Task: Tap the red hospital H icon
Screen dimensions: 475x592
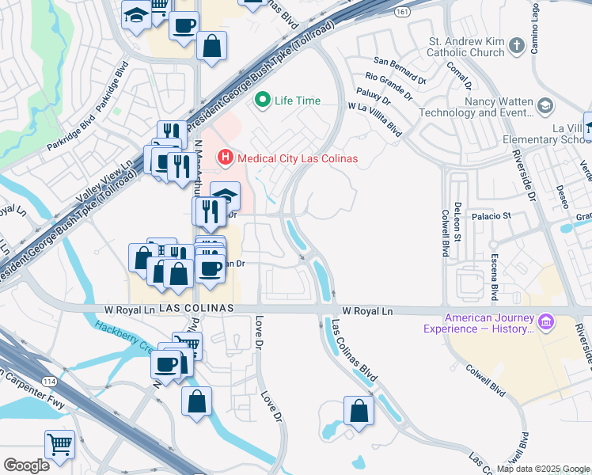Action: [x=226, y=158]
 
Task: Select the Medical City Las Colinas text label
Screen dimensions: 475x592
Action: [x=298, y=158]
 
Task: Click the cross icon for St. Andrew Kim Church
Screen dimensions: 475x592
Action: [x=517, y=45]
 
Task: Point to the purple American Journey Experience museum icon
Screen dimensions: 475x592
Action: [x=545, y=321]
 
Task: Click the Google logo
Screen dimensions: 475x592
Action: [x=26, y=465]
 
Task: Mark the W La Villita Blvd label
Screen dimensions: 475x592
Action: [x=374, y=117]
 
